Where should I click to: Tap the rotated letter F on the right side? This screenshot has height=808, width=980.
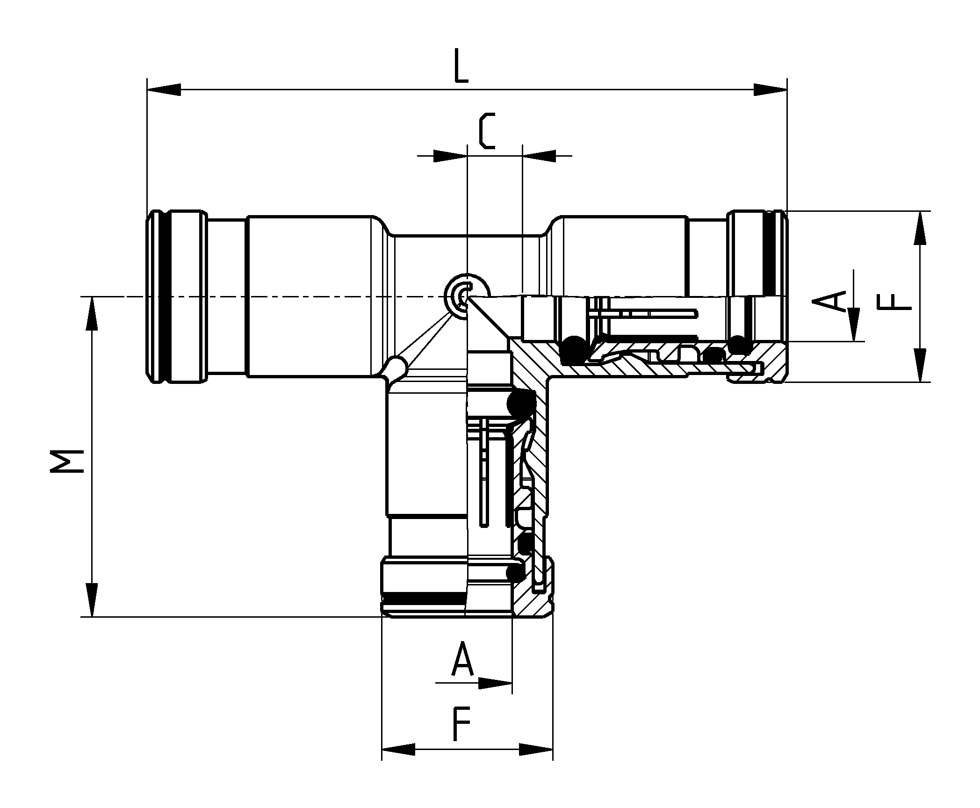(894, 302)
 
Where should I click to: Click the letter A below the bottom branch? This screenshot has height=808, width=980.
(463, 659)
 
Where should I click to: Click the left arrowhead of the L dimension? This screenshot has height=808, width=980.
(164, 90)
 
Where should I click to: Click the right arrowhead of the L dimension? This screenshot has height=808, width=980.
(770, 90)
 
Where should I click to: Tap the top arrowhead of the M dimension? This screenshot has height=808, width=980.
(92, 314)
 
